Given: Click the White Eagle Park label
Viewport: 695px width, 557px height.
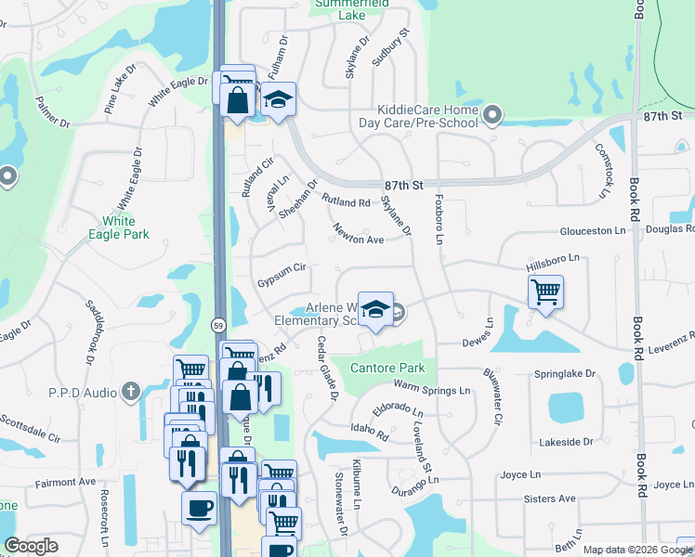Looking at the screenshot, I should tap(118, 227).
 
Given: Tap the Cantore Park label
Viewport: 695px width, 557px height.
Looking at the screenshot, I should tap(387, 369).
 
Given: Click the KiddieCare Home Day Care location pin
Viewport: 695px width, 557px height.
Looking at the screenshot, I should tap(493, 116).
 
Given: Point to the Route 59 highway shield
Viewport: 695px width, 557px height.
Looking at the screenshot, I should tap(217, 326).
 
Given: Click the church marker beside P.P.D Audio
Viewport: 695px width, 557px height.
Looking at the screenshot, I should tap(133, 392).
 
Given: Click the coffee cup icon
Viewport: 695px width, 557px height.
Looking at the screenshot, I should tap(200, 509).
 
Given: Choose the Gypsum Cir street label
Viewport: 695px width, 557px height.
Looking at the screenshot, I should tap(282, 267).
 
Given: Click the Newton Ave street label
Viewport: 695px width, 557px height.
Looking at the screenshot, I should tap(359, 240).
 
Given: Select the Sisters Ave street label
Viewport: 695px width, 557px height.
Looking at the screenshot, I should tap(551, 499).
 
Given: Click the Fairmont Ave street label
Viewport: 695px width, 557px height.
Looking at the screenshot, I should tap(66, 483).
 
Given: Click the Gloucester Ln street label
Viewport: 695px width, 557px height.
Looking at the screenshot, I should tap(597, 231).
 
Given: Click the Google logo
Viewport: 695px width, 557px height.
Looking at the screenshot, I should tap(32, 547).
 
